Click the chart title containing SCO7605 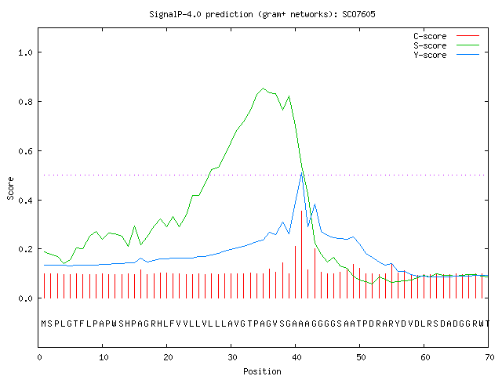[262, 14]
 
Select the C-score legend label [430, 36]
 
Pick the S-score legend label [430, 45]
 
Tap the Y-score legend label [430, 55]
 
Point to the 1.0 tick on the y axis [25, 52]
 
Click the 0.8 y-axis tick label [25, 102]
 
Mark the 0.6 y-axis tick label [25, 151]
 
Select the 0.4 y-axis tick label [25, 201]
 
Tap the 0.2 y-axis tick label [25, 249]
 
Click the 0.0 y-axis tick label [25, 298]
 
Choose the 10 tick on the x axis [104, 357]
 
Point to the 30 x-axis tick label [232, 357]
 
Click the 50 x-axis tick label [361, 357]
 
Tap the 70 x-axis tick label [489, 357]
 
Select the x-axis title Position [262, 371]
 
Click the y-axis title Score [10, 188]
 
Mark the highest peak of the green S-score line [264, 89]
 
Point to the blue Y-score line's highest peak [301, 173]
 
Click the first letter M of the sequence [44, 324]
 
